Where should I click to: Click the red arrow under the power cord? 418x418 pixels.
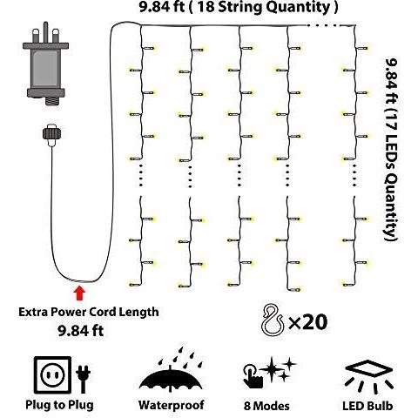(79, 293)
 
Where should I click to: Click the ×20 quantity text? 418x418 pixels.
(307, 321)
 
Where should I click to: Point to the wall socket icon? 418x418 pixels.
(52, 375)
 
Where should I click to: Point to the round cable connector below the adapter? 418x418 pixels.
(52, 134)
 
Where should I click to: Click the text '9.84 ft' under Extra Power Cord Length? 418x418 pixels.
(81, 331)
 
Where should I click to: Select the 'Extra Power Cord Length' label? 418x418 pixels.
(89, 313)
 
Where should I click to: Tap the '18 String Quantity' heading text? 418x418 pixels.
(264, 7)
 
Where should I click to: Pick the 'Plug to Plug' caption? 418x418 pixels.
(59, 405)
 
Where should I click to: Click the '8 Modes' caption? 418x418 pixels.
(266, 406)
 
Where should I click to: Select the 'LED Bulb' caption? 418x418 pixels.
(367, 406)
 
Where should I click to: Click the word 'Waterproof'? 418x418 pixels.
(172, 405)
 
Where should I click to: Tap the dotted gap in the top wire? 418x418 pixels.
(323, 25)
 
